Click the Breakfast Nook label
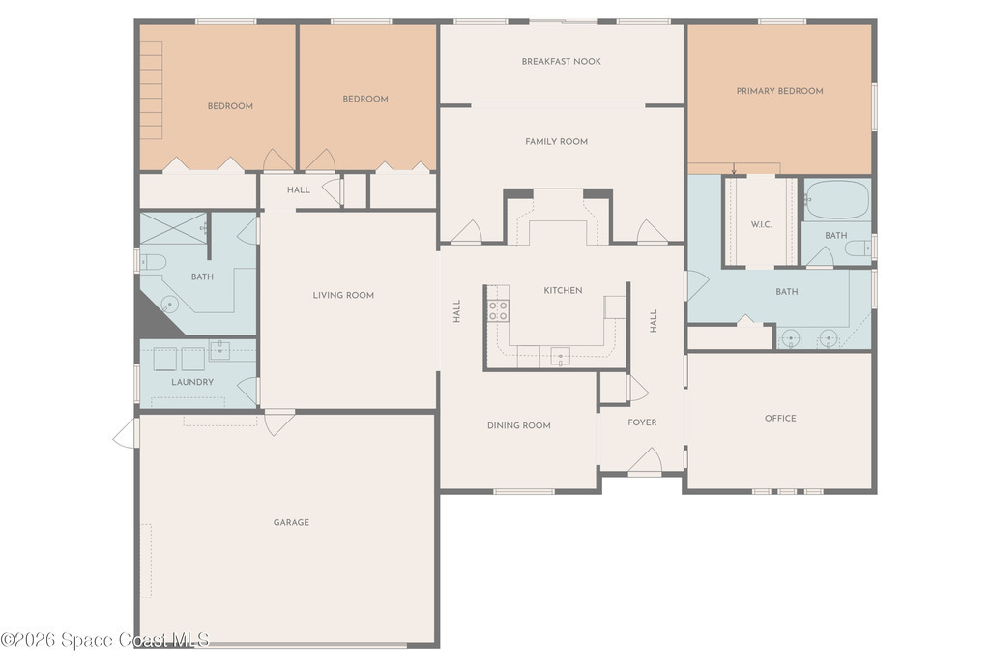[x=561, y=61]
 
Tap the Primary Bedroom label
[x=780, y=91]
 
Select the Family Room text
[x=556, y=141]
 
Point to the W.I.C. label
[x=761, y=224]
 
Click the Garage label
[x=291, y=522]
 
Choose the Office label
[x=780, y=418]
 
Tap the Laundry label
[x=192, y=382]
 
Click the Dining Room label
[x=519, y=425]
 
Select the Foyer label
[x=642, y=422]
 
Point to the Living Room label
[x=343, y=295]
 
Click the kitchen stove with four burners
[x=498, y=310]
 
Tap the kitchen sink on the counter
[x=560, y=357]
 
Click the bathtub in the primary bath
[x=837, y=199]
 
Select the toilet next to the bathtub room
[x=859, y=248]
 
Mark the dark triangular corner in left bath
[x=156, y=316]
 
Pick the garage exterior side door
[x=126, y=433]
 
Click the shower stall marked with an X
[x=173, y=228]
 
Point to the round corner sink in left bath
[x=169, y=305]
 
